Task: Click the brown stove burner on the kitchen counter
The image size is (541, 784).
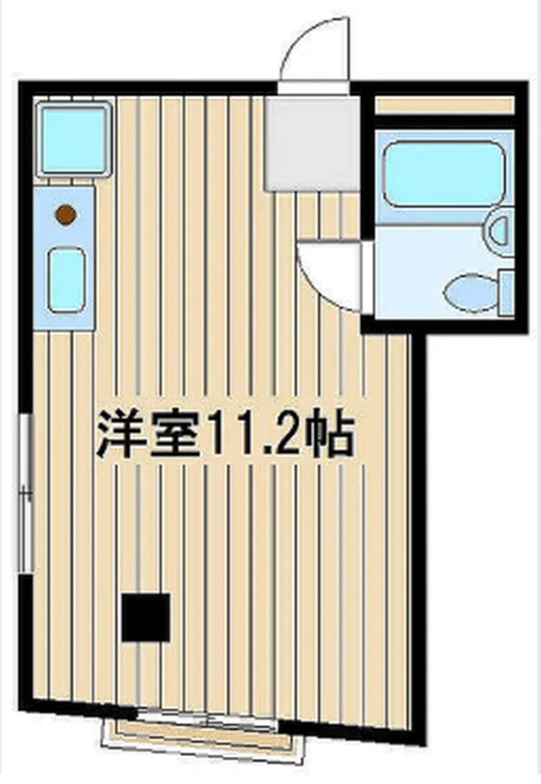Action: point(66,215)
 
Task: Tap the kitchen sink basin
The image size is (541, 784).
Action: point(66,281)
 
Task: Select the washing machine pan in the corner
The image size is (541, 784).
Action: point(74,139)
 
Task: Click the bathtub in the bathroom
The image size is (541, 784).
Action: point(444,174)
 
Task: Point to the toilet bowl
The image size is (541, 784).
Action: point(470,292)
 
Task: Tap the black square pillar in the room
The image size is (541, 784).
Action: point(145,617)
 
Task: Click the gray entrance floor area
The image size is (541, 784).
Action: point(313,143)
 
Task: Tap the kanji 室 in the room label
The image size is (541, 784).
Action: point(174,434)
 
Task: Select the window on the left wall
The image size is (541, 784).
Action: point(27,493)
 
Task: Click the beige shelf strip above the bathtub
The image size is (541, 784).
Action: point(444,105)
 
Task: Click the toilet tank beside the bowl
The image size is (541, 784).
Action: point(507,292)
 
